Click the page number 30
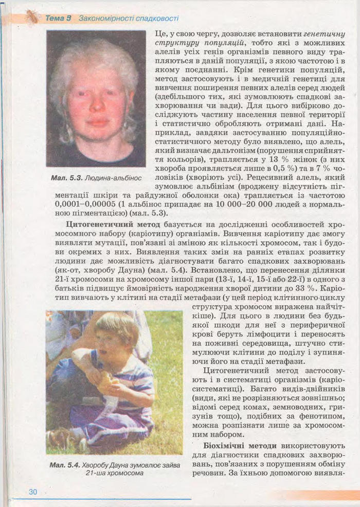point(33,492)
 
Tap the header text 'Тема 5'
point(58,19)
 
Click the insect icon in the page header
point(32,16)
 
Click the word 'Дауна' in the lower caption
point(119,465)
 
